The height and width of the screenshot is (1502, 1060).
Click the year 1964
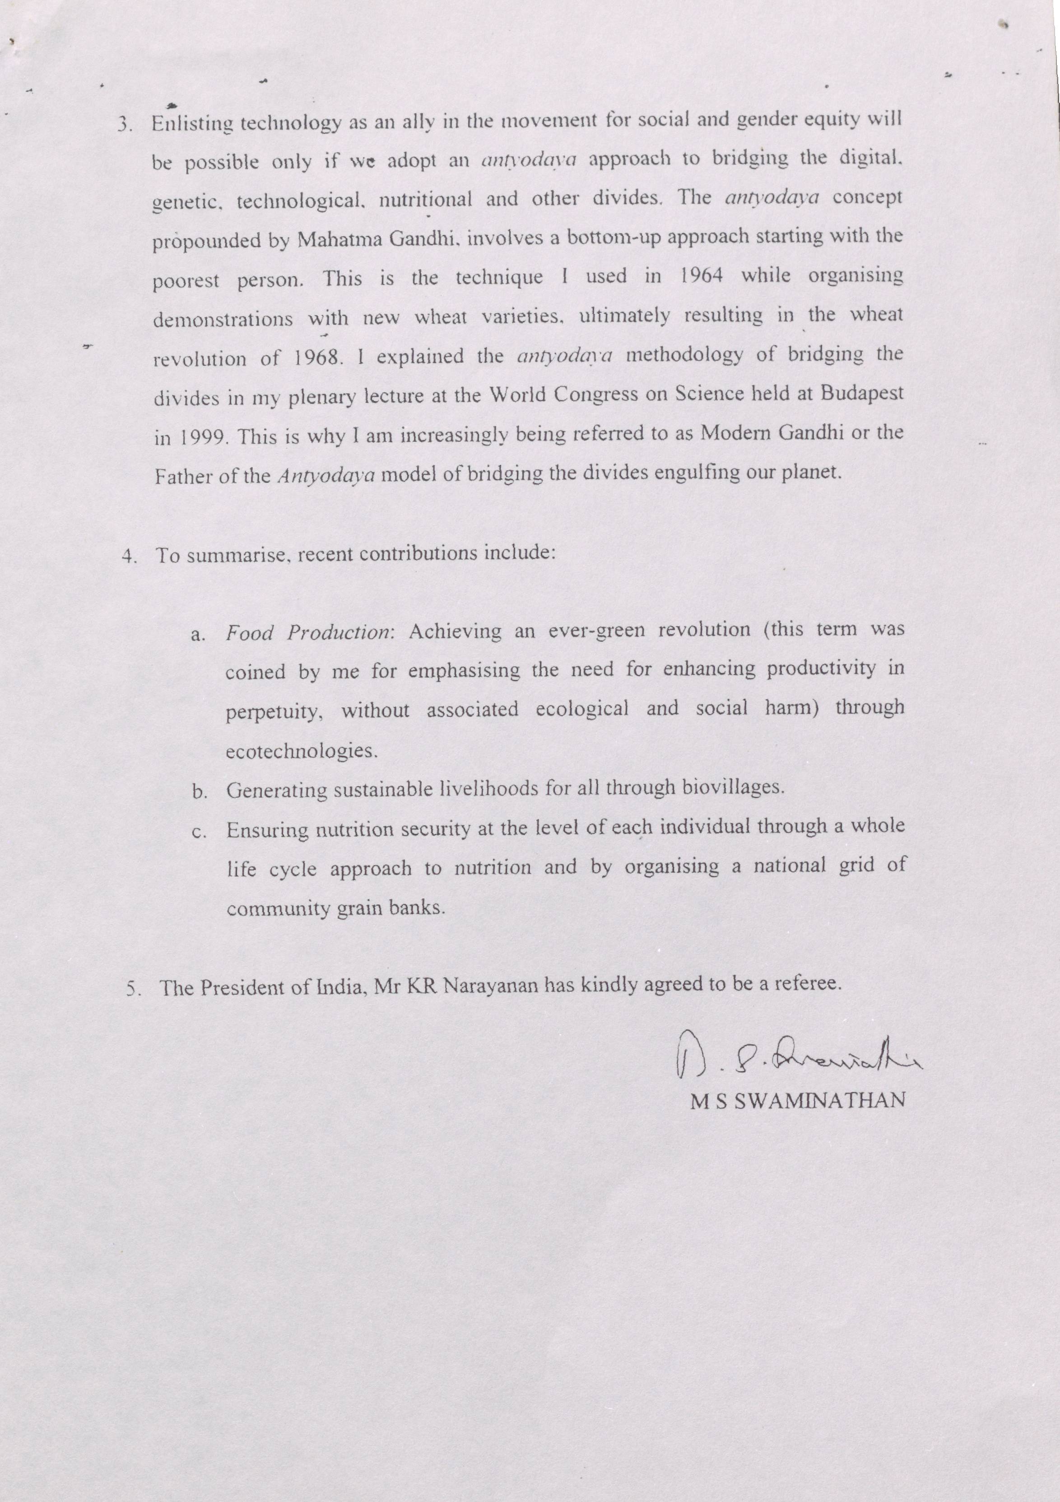coord(700,276)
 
